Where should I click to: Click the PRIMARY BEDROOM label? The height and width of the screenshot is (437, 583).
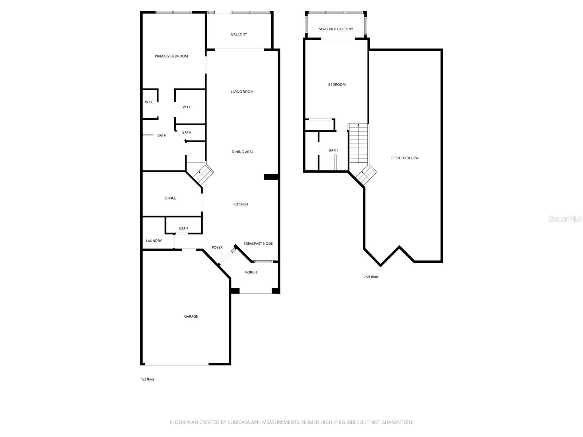(171, 56)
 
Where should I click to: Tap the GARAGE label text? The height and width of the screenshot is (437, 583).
(191, 316)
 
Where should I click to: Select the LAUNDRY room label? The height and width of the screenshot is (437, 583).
(154, 241)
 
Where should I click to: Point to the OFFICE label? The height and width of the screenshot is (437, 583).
(170, 198)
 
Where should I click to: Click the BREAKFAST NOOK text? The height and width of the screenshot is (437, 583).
(258, 244)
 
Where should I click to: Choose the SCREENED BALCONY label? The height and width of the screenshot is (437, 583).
(336, 29)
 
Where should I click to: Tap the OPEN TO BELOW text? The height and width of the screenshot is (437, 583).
(404, 158)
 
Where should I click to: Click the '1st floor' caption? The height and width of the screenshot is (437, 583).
(148, 379)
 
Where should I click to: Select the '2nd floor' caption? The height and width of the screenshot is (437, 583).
(371, 277)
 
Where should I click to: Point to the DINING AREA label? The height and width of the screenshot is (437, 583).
(242, 152)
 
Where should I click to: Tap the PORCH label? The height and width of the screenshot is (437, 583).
(251, 272)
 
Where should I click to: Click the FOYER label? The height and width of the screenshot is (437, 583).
(217, 248)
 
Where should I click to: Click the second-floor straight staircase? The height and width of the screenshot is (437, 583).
(359, 144)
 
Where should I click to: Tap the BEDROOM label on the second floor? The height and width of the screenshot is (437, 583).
(337, 84)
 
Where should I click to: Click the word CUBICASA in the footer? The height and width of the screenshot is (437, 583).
(239, 422)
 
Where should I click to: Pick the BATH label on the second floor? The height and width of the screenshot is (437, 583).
(333, 150)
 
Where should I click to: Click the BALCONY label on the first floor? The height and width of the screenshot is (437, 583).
(239, 34)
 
